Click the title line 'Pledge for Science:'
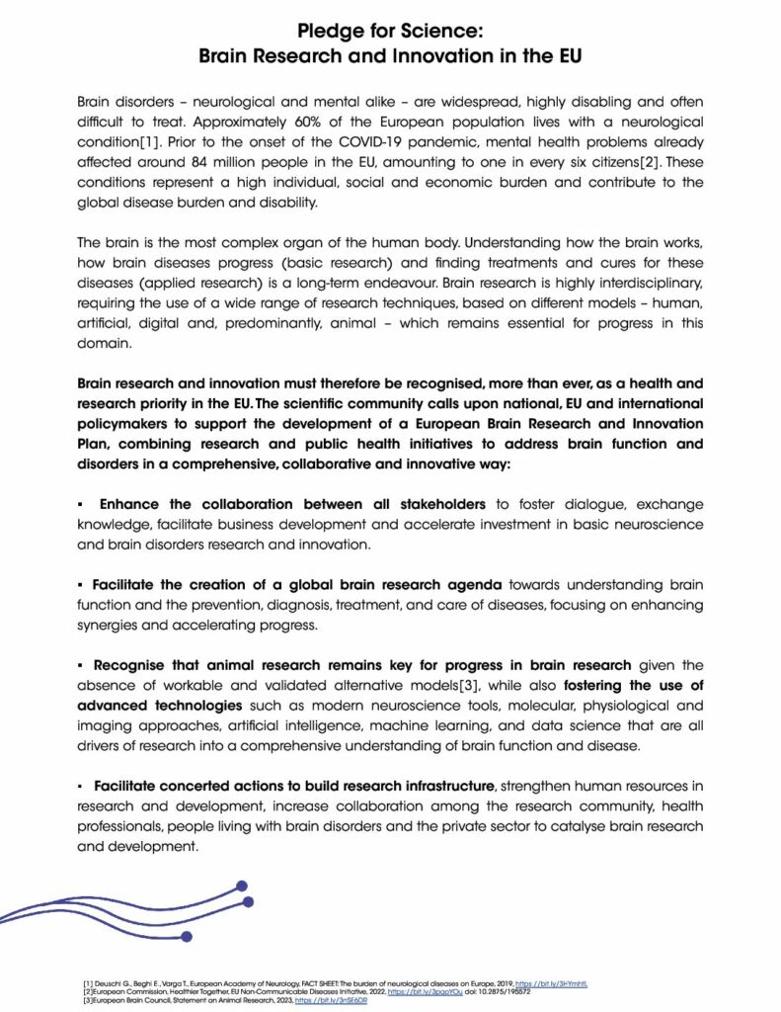pos(390,30)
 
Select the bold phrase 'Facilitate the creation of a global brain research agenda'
pos(298,584)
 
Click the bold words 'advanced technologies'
pos(160,705)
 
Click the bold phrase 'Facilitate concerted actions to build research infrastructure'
pos(294,786)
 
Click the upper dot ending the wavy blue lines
pos(242,885)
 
